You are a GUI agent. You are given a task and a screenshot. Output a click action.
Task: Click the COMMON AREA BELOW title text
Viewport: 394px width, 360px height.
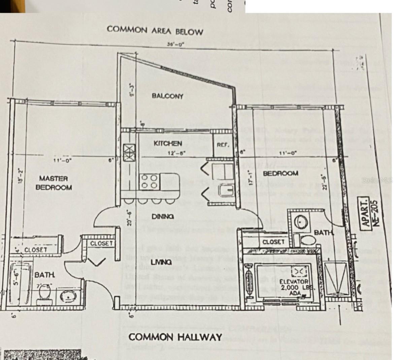tap(155, 30)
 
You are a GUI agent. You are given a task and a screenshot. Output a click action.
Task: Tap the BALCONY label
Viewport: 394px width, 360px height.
tap(167, 96)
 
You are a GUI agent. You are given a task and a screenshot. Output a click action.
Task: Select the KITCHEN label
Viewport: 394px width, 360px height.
tap(168, 144)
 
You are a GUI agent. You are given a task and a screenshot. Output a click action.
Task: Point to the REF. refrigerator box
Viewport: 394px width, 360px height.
tap(223, 145)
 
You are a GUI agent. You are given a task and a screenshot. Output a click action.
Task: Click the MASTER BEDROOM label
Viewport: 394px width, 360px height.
tap(54, 183)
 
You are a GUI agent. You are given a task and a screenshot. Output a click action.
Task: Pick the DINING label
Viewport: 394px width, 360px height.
tap(163, 217)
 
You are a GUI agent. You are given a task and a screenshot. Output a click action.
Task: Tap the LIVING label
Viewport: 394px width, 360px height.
tap(161, 262)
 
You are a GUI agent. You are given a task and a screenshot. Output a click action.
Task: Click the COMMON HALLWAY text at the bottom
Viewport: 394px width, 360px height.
tap(175, 337)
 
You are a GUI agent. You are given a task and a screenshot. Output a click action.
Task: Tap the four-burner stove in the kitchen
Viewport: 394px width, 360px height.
tap(149, 181)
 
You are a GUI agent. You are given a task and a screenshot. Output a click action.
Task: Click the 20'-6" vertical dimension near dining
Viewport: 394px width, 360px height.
tap(129, 217)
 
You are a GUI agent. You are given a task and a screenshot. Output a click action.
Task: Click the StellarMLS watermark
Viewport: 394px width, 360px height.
tap(377, 180)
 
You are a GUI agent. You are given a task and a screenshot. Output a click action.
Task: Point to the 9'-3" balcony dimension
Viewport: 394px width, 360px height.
tap(132, 90)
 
